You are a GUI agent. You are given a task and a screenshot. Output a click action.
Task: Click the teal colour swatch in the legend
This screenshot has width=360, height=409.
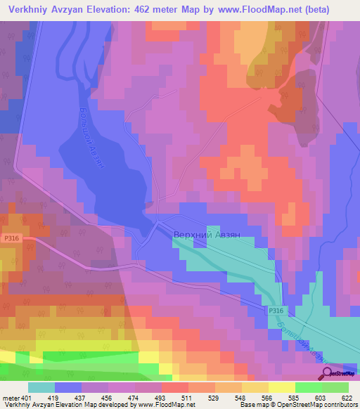coord(41,387)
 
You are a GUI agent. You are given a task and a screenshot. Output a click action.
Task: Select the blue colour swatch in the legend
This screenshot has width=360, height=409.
coord(68,387)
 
